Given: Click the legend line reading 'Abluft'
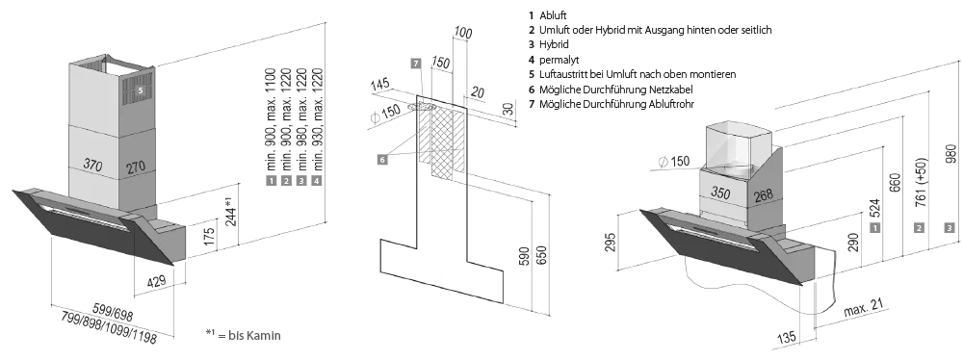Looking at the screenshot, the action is (553, 15).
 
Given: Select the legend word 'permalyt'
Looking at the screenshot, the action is (559, 60).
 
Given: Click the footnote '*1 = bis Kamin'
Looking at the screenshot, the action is (244, 335).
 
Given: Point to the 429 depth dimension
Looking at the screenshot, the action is (157, 282).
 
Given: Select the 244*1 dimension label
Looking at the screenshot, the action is (230, 212).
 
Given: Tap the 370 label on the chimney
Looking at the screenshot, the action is (92, 165).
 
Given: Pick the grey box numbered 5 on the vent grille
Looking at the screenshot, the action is (140, 90).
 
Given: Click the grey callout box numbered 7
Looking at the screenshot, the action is (416, 64).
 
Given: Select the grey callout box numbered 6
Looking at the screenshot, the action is (382, 159).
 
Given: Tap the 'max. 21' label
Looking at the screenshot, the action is (863, 308).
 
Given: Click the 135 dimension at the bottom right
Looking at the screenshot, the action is (788, 337).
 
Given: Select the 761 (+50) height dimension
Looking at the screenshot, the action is (922, 183).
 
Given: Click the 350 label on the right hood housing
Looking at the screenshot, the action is (720, 193).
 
